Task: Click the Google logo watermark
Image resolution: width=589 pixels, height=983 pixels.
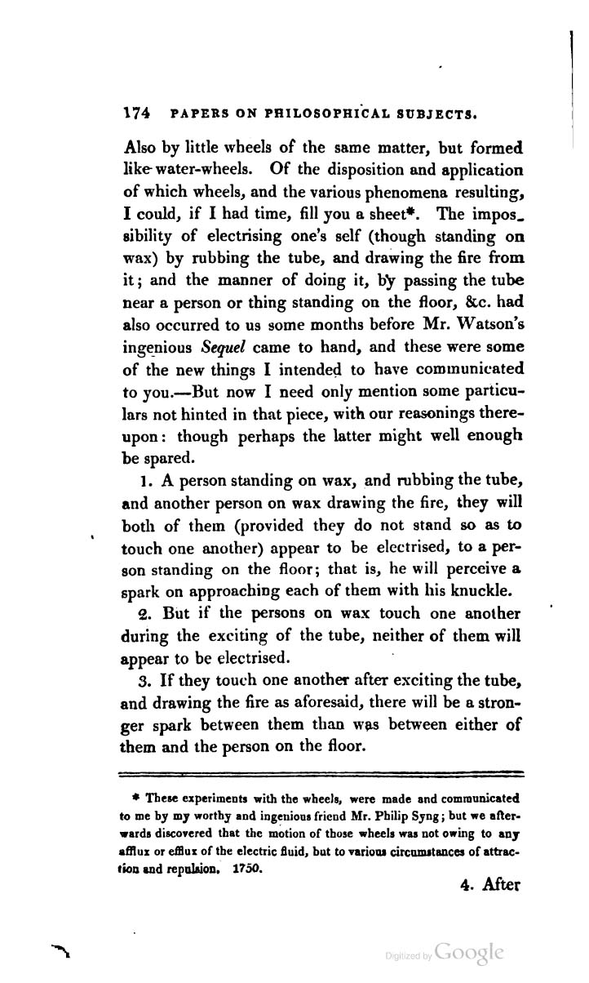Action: coord(471,952)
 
